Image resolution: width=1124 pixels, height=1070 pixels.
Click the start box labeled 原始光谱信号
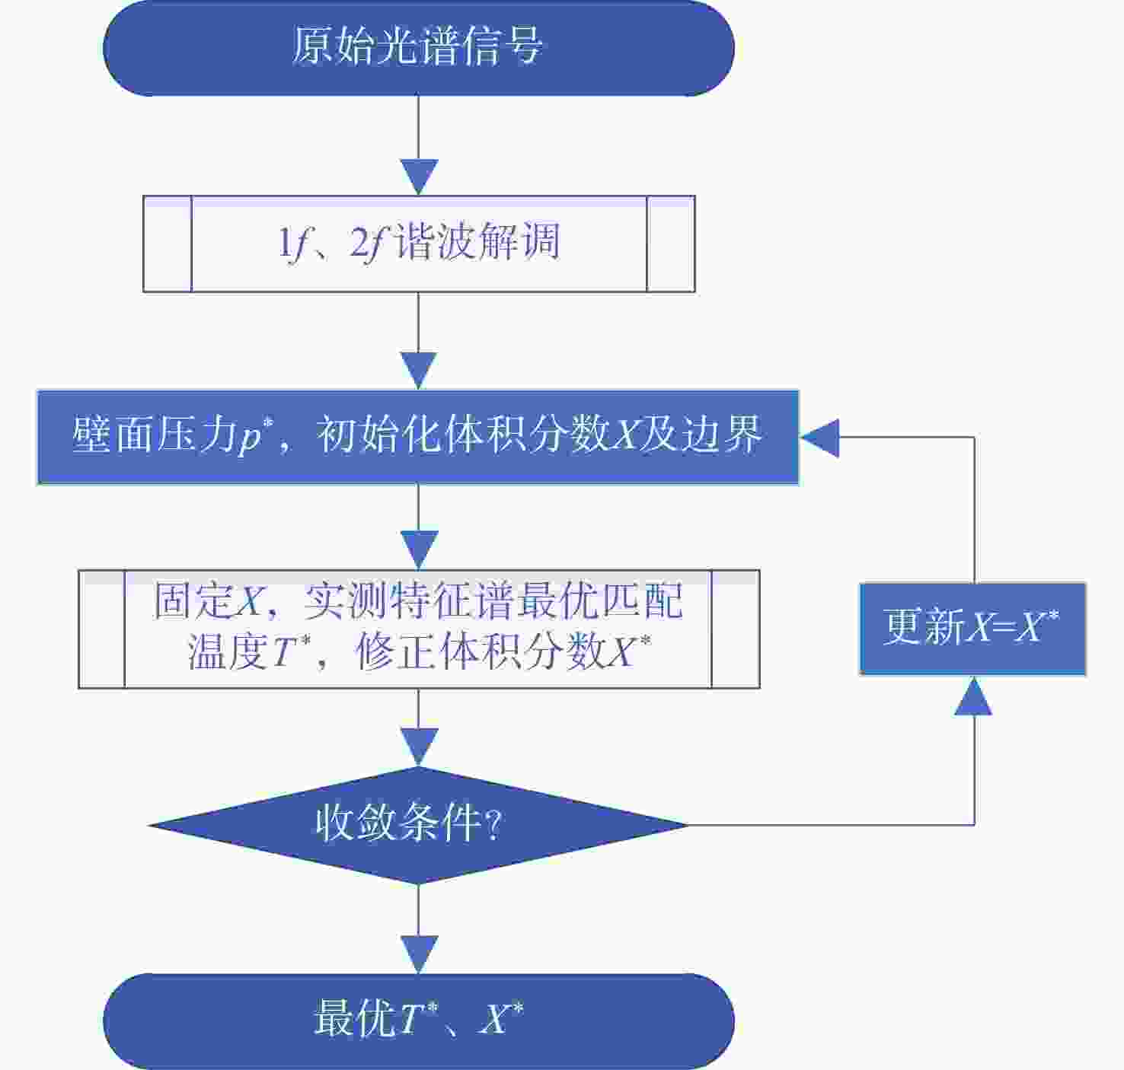(419, 48)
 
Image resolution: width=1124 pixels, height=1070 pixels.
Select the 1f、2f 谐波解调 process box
(419, 244)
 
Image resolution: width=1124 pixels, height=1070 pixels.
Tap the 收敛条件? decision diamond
(418, 826)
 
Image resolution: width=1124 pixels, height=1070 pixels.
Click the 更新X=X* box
(972, 629)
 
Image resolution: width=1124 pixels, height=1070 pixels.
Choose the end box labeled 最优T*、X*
(419, 1021)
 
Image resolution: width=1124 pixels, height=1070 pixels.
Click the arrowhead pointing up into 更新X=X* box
(973, 696)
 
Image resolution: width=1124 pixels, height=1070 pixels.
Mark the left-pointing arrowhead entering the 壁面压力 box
(819, 438)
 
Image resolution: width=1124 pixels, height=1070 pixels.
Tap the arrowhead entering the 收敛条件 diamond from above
(419, 747)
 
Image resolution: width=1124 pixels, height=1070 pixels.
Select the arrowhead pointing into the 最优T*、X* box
(419, 954)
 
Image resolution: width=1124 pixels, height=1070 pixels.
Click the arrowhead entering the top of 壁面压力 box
(419, 371)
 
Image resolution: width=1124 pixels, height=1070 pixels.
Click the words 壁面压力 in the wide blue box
(155, 435)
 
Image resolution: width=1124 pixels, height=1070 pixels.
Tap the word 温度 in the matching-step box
(228, 652)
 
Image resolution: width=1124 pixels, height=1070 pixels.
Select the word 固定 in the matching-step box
(193, 601)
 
